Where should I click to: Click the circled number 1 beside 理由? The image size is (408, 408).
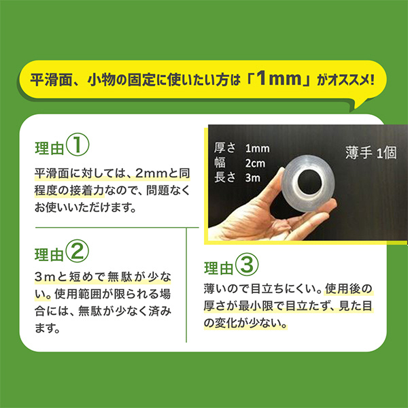pos(78,145)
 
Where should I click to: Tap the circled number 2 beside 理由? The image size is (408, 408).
pos(78,251)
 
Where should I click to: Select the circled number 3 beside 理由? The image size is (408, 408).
pos(247,265)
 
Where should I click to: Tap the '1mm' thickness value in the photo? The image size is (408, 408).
pos(257,148)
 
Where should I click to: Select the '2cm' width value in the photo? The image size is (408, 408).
pos(255,163)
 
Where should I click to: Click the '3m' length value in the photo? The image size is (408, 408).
pos(253,178)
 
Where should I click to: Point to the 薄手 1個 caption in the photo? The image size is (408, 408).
pos(371,152)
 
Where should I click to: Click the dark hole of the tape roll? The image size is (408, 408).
pos(310,182)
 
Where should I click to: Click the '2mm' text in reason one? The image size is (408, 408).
pos(151,173)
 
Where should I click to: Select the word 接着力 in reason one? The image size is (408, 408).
pos(87,190)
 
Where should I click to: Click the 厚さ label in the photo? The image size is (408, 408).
pos(224,148)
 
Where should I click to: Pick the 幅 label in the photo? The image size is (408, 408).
pos(220,163)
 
